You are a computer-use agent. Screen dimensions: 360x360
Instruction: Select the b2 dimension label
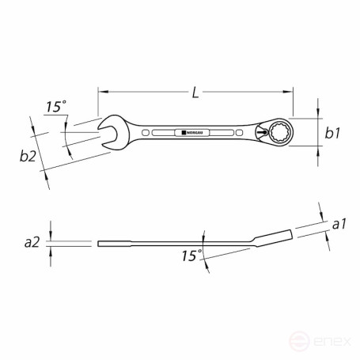click(28, 157)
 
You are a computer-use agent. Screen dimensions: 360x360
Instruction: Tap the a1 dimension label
click(339, 225)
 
